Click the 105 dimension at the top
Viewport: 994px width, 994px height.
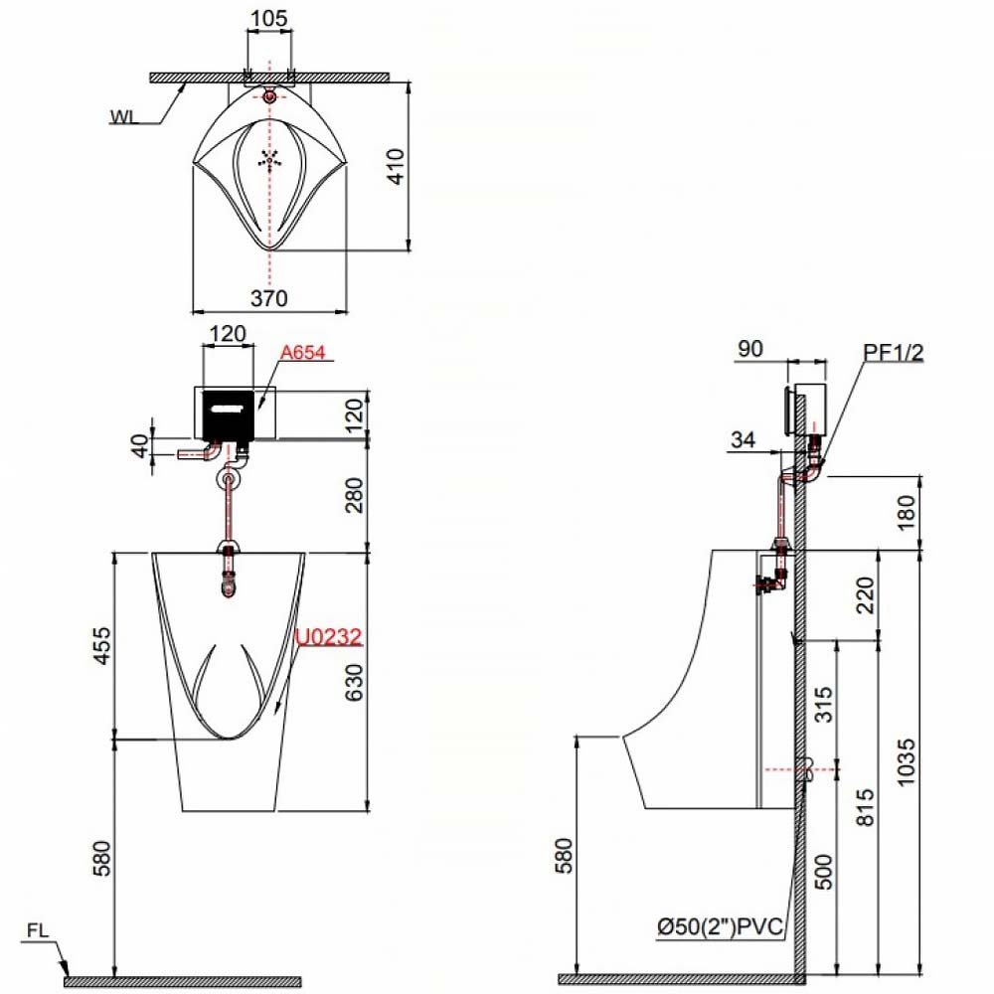[x=269, y=18]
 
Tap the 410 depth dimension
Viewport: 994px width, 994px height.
[x=396, y=166]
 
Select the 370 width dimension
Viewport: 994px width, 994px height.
[x=269, y=298]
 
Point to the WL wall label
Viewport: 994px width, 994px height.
[x=124, y=117]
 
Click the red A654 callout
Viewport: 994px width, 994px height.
[x=303, y=352]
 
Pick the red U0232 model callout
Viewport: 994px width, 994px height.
[x=328, y=636]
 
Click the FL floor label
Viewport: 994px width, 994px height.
[x=38, y=930]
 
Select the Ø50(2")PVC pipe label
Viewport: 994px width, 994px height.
[x=721, y=926]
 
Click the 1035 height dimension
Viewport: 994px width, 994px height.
[x=906, y=762]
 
